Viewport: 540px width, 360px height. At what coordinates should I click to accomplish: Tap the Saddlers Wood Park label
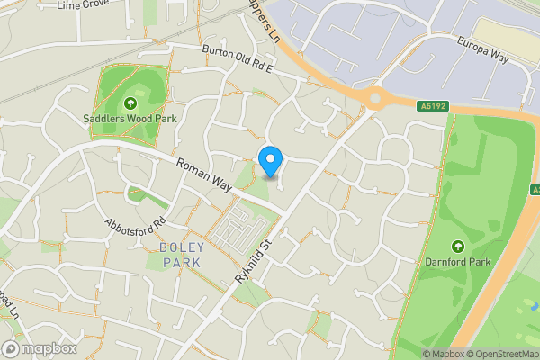tap(130, 118)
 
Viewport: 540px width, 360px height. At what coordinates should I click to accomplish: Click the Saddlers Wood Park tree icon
tap(130, 103)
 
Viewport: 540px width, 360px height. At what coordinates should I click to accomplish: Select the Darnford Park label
tap(457, 262)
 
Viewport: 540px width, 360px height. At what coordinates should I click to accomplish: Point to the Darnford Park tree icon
tap(457, 246)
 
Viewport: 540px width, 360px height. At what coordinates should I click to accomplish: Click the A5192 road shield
tap(434, 105)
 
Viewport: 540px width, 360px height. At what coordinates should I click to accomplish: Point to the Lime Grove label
tap(82, 5)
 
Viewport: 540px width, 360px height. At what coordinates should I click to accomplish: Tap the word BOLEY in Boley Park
tap(182, 247)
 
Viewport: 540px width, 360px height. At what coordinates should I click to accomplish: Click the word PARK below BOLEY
tap(182, 262)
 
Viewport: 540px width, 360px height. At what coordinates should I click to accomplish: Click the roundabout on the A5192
tap(372, 95)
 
